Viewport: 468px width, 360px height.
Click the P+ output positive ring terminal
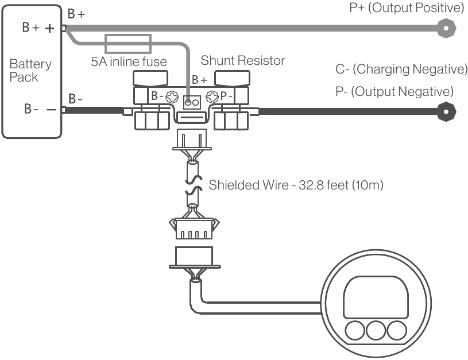tap(446, 26)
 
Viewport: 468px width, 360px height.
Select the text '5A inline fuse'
tap(129, 60)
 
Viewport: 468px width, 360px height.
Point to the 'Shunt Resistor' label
tap(242, 60)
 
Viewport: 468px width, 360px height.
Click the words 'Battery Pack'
tap(30, 70)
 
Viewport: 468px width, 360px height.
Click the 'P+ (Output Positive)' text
tap(406, 8)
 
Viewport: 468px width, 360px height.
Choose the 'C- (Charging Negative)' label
tap(401, 69)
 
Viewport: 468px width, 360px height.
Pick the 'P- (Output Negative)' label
tap(394, 91)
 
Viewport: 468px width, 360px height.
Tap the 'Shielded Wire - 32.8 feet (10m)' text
tap(296, 185)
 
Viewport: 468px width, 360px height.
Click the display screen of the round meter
tap(376, 296)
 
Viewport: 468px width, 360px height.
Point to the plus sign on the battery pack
tap(50, 28)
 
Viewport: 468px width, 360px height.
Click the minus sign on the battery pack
tap(50, 110)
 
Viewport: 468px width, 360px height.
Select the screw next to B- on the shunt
tap(171, 96)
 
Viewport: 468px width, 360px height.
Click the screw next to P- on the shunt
tap(211, 96)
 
